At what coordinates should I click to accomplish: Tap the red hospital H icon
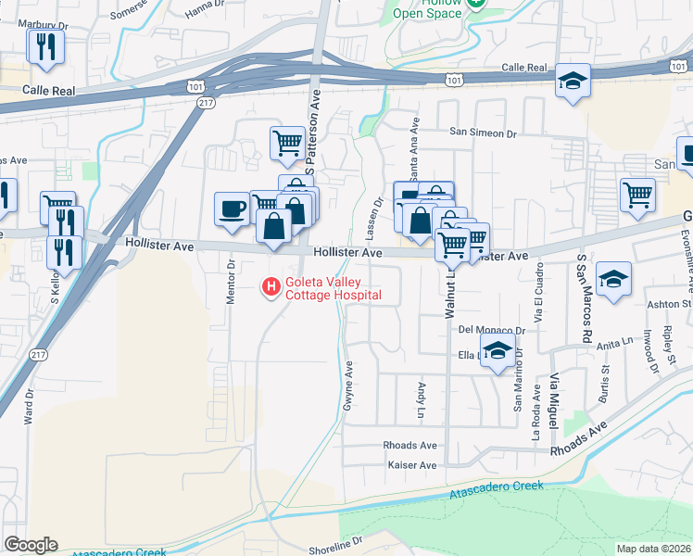point(271,288)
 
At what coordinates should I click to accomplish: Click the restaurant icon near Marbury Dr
point(44,45)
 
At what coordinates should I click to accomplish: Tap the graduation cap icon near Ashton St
point(613,278)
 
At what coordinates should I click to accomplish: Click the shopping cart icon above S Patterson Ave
point(287,143)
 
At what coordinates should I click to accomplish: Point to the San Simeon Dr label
point(483,133)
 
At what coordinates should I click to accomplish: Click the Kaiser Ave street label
point(411,465)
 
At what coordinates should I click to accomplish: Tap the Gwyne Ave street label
point(349,385)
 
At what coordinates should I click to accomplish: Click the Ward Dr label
point(30,403)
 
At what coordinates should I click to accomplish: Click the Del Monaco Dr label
point(491,329)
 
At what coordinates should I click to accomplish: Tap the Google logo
point(31,545)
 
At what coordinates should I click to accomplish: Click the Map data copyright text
point(652,548)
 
